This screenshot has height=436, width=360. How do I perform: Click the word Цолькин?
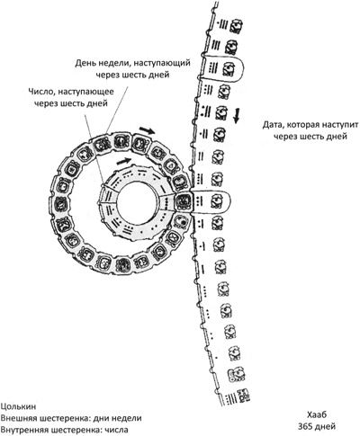[x=18, y=406]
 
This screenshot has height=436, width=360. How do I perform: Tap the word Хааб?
[x=317, y=414]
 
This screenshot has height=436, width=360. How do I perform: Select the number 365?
[x=306, y=426]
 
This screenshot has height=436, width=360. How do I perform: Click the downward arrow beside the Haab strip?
[x=237, y=116]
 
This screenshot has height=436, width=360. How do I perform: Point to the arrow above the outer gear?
[x=148, y=130]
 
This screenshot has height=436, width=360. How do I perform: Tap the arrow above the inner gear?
[x=124, y=161]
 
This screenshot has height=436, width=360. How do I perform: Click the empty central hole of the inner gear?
[x=137, y=201]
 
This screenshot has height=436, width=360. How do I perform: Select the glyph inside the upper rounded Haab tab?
[x=229, y=68]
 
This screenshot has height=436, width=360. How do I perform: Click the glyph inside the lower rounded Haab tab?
[x=217, y=201]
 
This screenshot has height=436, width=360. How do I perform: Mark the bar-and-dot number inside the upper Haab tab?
[x=213, y=67]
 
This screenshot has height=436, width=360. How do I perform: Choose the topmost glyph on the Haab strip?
[x=236, y=26]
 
